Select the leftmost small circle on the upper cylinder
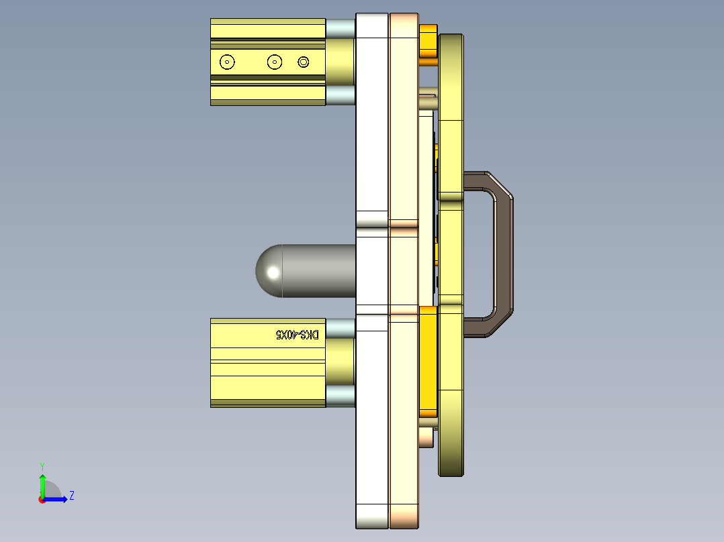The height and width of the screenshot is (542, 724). coord(228,62)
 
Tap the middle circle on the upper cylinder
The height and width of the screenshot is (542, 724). coord(274,62)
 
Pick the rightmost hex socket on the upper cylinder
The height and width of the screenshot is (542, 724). coord(303,62)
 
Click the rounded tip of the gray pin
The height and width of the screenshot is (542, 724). coord(268,271)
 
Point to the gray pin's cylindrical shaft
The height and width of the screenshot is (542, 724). coord(319,271)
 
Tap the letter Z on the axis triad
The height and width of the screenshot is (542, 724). coord(71,496)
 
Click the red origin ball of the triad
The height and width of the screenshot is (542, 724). coord(42,500)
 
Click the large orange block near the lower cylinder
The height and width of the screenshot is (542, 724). coord(428,359)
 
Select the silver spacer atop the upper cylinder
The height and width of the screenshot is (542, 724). coord(340,28)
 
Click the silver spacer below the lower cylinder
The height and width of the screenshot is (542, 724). coord(340,396)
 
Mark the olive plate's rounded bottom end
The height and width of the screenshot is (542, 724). coord(451,463)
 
